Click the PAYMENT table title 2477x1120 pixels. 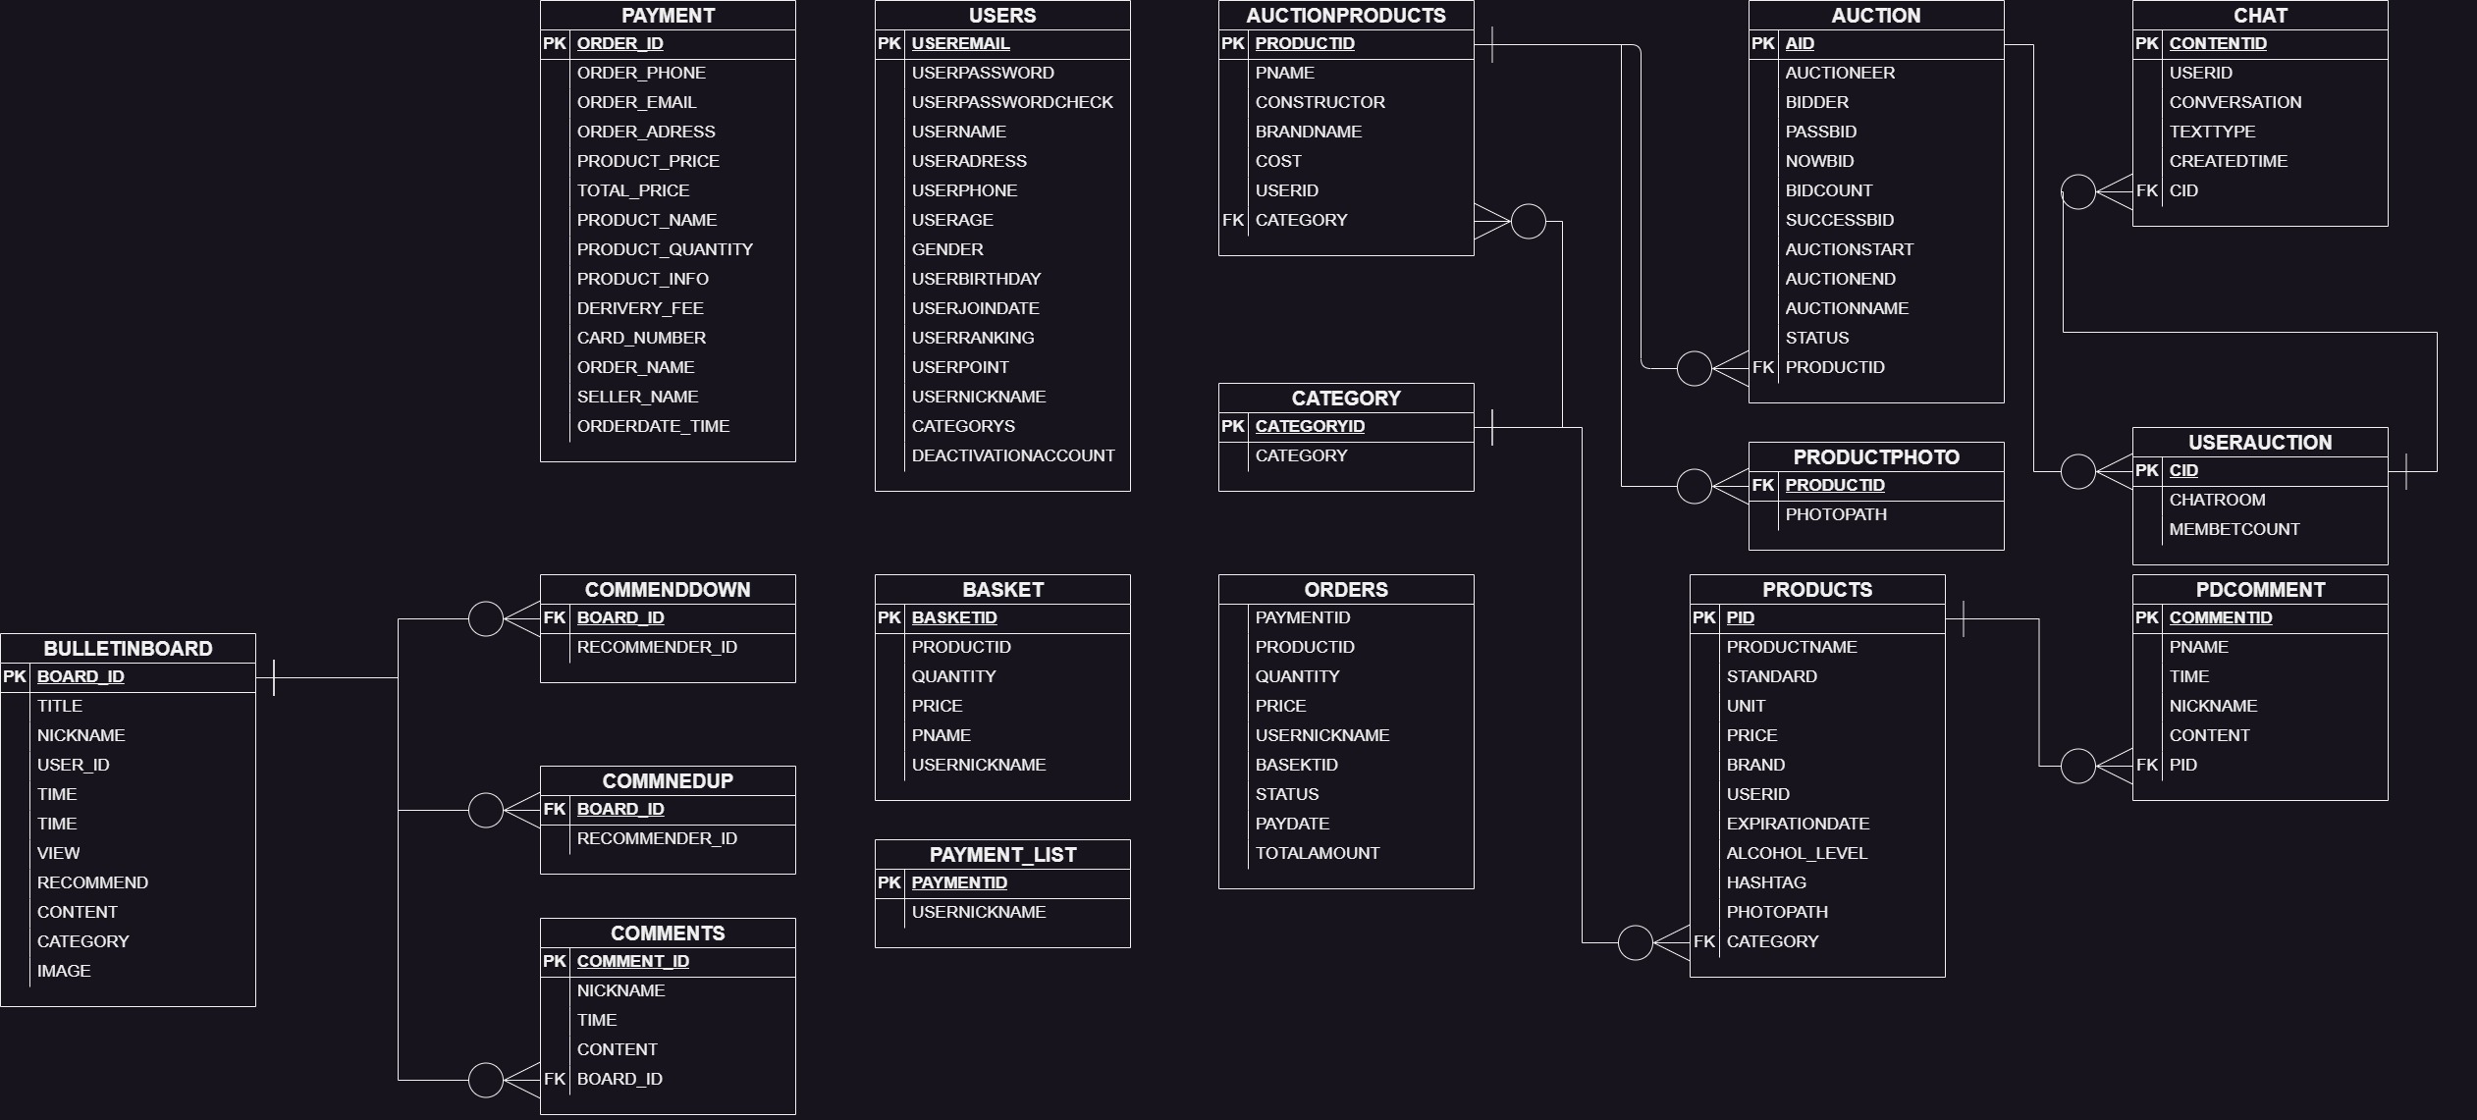click(x=668, y=16)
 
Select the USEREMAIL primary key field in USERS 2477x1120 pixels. click(x=960, y=43)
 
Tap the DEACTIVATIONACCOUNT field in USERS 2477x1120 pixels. click(x=1012, y=455)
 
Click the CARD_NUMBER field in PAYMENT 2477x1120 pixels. click(x=641, y=338)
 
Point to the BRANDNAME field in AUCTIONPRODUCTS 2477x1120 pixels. click(x=1308, y=132)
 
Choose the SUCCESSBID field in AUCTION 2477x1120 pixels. click(x=1839, y=220)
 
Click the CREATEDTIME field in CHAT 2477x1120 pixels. click(x=2228, y=161)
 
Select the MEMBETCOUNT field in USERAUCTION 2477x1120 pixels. click(x=2234, y=529)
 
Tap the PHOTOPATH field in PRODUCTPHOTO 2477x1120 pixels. click(x=1835, y=514)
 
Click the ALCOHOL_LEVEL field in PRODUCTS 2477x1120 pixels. click(x=1796, y=853)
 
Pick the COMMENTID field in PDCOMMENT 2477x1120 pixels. click(x=2220, y=617)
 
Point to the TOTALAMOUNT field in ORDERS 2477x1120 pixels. click(x=1317, y=853)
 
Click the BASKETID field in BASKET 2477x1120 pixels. click(x=953, y=617)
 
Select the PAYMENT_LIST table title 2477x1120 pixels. click(x=1002, y=855)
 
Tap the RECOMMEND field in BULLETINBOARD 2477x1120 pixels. click(x=92, y=882)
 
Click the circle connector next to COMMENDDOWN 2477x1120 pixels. click(x=486, y=618)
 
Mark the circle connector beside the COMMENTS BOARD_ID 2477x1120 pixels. click(x=486, y=1080)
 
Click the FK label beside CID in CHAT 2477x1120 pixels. click(x=2146, y=190)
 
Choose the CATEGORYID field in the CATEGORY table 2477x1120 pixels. click(x=1310, y=426)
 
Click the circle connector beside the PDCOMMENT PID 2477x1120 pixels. click(x=2077, y=766)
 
